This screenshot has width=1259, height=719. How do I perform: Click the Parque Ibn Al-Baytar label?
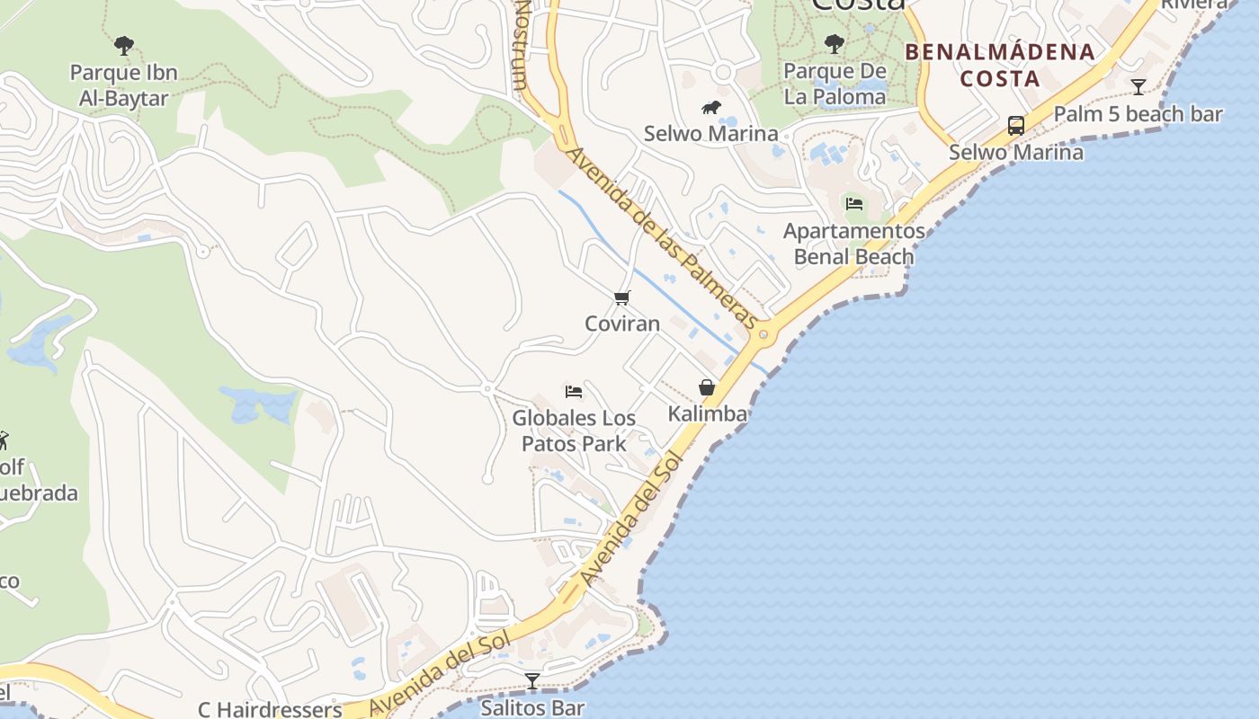[124, 85]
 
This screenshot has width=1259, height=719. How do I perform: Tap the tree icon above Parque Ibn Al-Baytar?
[124, 45]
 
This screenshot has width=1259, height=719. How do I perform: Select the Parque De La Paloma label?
[835, 84]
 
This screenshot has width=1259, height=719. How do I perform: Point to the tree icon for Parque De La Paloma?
[835, 43]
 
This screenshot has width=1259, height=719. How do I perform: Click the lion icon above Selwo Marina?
[711, 108]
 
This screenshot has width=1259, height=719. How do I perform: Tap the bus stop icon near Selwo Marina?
[1016, 126]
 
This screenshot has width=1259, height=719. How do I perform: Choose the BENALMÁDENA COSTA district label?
[1000, 65]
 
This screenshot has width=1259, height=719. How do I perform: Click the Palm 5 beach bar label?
[1138, 114]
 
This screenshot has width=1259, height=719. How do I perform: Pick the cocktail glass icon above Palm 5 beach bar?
[1138, 87]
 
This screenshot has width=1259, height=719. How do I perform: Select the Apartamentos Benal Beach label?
[853, 244]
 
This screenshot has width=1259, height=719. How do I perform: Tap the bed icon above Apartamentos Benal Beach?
[854, 204]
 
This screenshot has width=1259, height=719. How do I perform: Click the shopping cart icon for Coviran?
[622, 297]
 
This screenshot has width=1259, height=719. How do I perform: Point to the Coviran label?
[622, 324]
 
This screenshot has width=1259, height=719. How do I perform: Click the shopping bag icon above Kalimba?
[707, 387]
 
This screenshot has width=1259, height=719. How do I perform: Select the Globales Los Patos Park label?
[574, 431]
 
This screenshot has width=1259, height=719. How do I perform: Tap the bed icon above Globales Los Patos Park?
[574, 391]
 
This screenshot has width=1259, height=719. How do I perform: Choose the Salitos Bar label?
[532, 708]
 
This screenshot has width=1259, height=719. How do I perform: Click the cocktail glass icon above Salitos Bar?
[532, 681]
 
